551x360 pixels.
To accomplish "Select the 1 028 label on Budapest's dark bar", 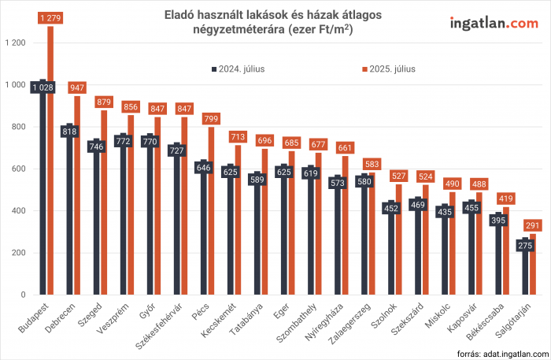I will (43, 87).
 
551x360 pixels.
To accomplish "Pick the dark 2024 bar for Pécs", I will (203, 236).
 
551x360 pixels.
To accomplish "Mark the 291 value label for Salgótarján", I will (533, 225).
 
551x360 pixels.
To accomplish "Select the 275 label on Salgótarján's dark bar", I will (526, 245).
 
